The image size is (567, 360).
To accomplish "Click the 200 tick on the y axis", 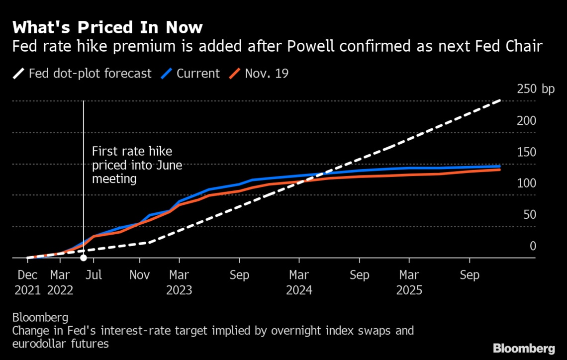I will pos(527,121).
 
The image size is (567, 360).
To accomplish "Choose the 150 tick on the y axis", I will pos(527,152).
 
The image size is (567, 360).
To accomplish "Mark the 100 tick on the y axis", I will pos(527,183).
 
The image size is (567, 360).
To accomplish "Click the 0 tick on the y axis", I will pos(533,246).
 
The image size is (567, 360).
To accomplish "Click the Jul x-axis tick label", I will pos(94,275).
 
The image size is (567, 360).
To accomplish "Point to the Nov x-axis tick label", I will pos(140,275).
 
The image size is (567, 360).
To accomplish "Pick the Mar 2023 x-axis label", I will pos(179,282).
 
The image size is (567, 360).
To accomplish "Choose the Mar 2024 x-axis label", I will pos(299,282).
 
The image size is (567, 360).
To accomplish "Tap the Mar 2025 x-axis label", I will pos(409,282).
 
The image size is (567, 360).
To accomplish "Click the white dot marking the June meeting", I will pos(84,258).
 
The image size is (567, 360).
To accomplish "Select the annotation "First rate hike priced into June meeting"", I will pos(137,165).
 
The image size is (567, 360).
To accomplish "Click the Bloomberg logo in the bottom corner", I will pos(524,348).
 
